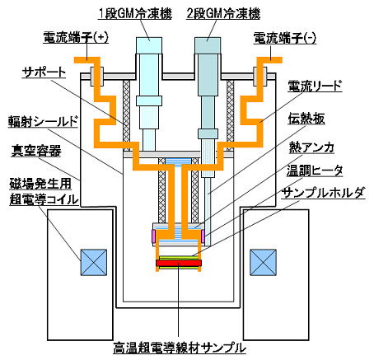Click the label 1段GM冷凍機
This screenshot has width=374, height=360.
click(x=135, y=13)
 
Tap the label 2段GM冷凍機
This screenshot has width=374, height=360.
click(x=223, y=13)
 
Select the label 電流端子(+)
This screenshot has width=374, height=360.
click(x=76, y=38)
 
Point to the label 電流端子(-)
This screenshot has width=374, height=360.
click(x=285, y=38)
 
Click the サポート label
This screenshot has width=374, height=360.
click(x=44, y=72)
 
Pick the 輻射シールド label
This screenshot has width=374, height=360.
click(x=43, y=122)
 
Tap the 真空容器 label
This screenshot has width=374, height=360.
click(x=36, y=151)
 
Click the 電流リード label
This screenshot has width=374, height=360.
click(x=315, y=86)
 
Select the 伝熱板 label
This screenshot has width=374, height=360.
click(x=306, y=119)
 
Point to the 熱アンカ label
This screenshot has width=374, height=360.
click(x=311, y=147)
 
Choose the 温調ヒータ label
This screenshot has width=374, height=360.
click(x=315, y=171)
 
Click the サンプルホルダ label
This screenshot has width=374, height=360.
click(x=324, y=193)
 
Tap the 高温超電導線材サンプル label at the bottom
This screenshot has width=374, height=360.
click(x=180, y=348)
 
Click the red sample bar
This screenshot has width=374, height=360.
click(x=179, y=263)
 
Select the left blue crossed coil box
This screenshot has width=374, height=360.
click(x=94, y=262)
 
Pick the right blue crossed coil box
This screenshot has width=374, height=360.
click(x=263, y=262)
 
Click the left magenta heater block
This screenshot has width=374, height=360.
click(x=153, y=236)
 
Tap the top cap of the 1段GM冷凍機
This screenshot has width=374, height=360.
click(x=149, y=45)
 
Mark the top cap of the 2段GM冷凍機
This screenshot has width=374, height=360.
click(x=208, y=45)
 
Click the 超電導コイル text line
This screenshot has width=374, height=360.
click(x=44, y=199)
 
